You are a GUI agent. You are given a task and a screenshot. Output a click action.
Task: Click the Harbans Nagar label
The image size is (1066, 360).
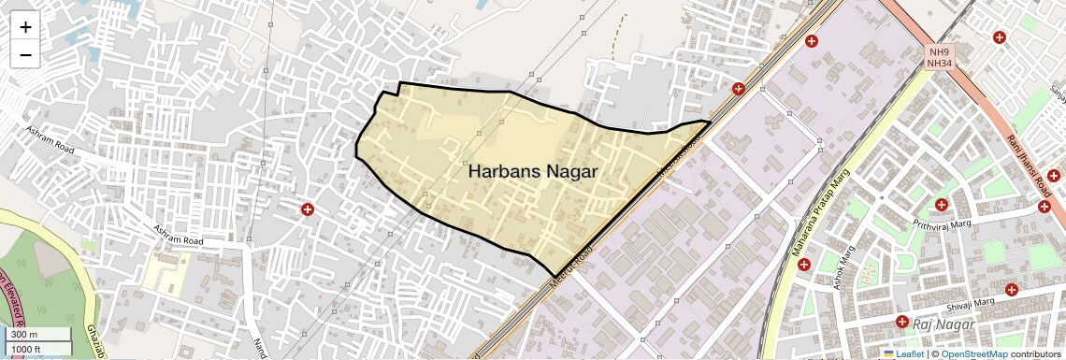(x=532, y=172)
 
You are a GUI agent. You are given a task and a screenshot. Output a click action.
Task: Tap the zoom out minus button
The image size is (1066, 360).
(x=25, y=54)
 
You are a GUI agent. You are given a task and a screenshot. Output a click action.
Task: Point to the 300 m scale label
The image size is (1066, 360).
(x=24, y=335)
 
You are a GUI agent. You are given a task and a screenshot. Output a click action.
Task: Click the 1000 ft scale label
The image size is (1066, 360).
(x=26, y=349)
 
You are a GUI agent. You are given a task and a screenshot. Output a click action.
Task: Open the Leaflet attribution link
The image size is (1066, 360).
(x=904, y=354)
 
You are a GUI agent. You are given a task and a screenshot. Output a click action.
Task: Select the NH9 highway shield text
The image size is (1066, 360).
(x=938, y=52)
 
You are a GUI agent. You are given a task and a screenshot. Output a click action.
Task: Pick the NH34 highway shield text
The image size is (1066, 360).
(x=938, y=64)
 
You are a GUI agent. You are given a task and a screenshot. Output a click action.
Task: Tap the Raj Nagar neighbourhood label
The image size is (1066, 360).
(x=944, y=324)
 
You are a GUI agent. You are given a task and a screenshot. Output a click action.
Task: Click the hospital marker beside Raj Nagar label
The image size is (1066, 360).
(x=901, y=322)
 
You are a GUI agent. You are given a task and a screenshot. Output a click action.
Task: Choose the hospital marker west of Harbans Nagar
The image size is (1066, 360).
(x=308, y=209)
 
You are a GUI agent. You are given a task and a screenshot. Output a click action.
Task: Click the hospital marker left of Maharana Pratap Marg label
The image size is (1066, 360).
(x=803, y=265)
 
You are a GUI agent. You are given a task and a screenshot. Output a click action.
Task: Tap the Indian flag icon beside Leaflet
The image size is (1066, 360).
(x=888, y=354)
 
